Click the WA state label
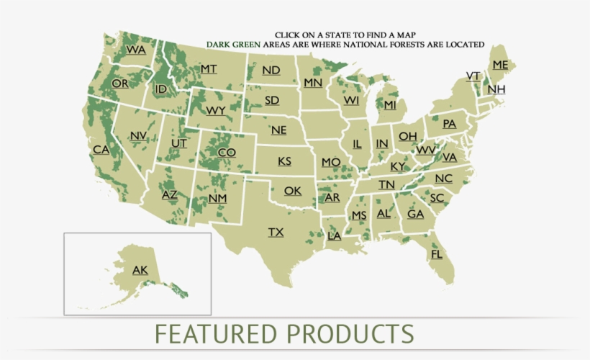tap(136, 50)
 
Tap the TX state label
tap(276, 232)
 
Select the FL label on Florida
tap(437, 254)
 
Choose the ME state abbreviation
tap(500, 65)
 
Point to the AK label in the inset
tap(140, 270)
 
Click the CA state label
tap(101, 150)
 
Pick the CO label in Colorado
tap(227, 152)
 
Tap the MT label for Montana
tap(209, 68)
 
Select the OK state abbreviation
tap(292, 191)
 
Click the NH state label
tap(496, 89)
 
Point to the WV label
tap(426, 150)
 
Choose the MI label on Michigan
tap(390, 105)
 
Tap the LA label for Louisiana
tap(335, 235)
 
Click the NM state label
tap(217, 198)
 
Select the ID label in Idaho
tap(161, 89)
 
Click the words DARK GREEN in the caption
tap(233, 44)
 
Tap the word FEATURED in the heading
tap(216, 334)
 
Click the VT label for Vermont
tap(473, 76)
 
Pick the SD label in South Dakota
tap(271, 100)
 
